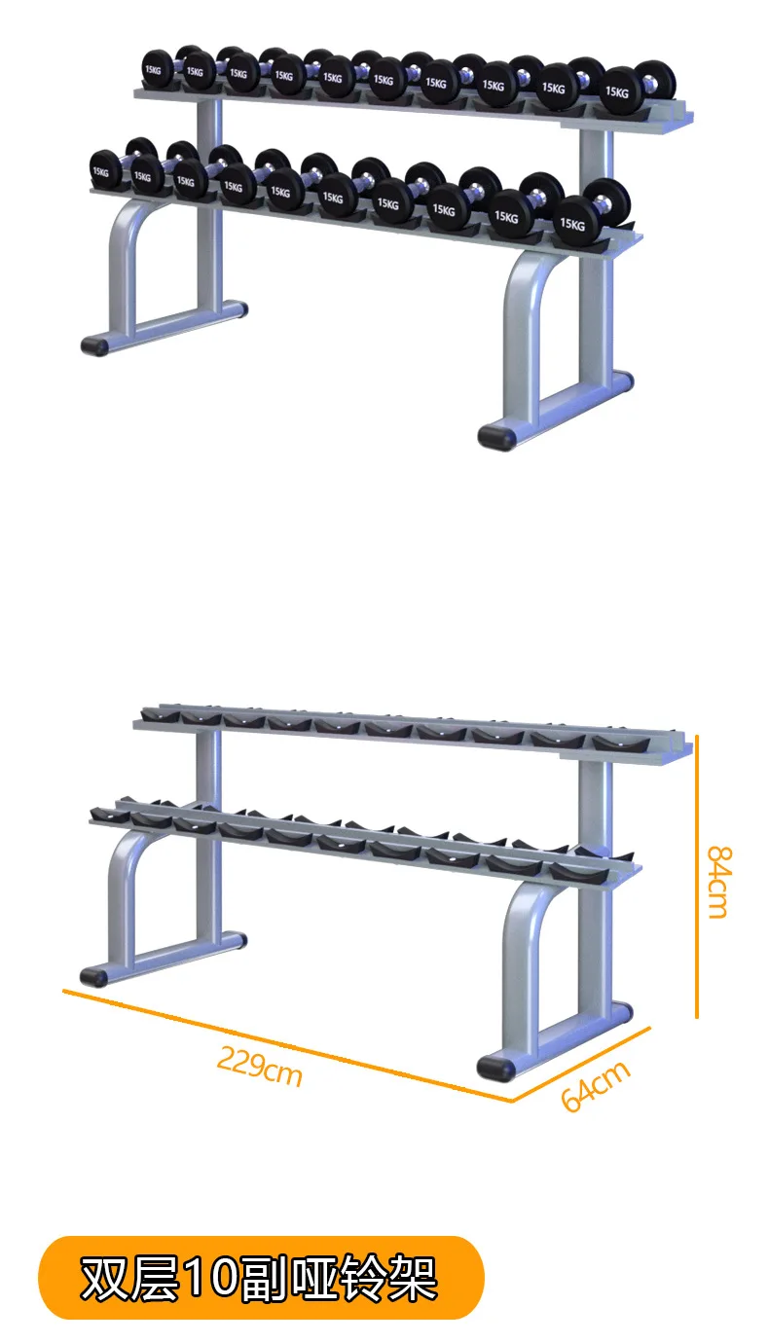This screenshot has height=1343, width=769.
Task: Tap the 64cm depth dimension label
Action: point(595,1086)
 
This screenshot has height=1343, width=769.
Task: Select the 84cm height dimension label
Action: point(719,882)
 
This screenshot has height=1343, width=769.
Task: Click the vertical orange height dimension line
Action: point(696,877)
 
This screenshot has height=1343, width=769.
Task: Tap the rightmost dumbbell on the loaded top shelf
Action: point(638,89)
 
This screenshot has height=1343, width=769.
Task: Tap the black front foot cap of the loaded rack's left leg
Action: point(94,345)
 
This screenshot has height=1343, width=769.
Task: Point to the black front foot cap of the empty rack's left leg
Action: point(94,977)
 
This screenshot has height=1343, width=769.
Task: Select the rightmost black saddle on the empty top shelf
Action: point(621,744)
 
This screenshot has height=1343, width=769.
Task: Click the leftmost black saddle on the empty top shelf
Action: point(161,714)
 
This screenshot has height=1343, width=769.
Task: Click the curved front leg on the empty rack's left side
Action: point(122,888)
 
